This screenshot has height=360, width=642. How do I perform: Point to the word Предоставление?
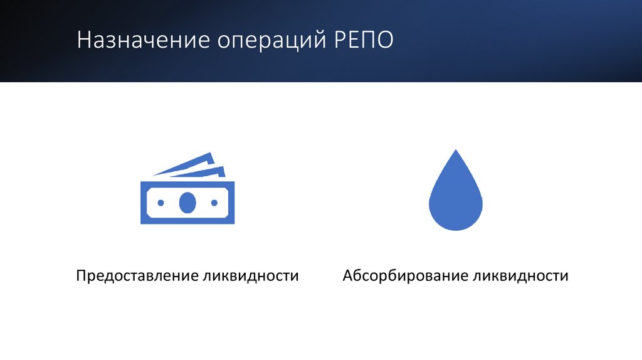[136, 276]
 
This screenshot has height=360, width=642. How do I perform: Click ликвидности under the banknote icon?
[251, 276]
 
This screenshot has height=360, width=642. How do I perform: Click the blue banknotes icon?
[187, 191]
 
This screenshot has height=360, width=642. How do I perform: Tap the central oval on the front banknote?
[187, 203]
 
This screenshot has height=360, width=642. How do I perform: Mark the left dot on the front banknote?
[160, 203]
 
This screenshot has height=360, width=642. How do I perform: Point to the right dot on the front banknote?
[214, 203]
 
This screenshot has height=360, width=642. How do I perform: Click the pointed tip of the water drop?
[456, 152]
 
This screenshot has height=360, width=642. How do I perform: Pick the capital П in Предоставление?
[82, 276]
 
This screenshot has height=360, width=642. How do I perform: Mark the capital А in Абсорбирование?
[349, 276]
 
